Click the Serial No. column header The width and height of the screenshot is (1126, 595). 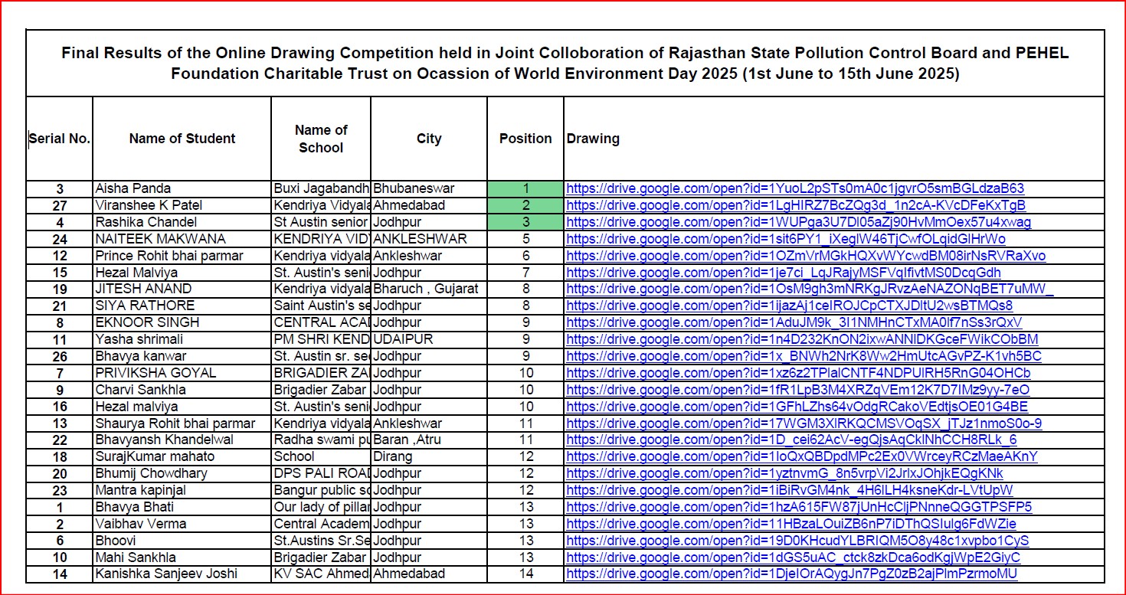click(60, 139)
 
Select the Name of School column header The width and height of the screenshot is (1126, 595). click(321, 139)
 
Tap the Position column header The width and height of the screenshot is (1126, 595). click(525, 139)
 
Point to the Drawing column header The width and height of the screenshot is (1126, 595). click(593, 139)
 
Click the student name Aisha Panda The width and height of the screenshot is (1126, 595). click(133, 188)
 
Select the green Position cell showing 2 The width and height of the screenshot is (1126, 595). click(525, 205)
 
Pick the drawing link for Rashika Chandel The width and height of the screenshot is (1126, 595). click(798, 222)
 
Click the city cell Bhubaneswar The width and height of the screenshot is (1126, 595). click(414, 188)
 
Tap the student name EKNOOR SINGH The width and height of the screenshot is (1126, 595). click(136, 322)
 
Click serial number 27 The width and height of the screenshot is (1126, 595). click(60, 205)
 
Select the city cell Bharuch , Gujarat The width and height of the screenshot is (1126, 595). click(426, 289)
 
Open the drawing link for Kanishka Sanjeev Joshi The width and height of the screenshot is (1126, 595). click(792, 574)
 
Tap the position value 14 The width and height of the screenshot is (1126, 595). click(525, 574)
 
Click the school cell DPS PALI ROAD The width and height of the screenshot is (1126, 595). click(321, 473)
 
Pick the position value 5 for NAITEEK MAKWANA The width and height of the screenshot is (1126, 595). click(525, 239)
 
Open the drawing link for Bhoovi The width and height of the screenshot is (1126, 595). click(797, 540)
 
